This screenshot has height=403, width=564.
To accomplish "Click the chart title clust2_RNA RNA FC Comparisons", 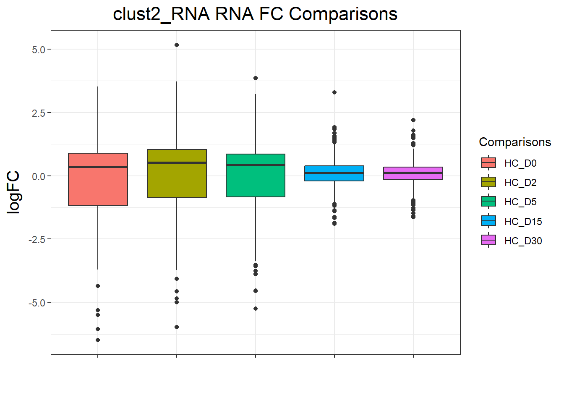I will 255,14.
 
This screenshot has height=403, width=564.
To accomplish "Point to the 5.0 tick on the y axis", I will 38,50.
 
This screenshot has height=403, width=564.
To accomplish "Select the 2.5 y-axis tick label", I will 38,113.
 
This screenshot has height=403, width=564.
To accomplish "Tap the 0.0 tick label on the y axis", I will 38,176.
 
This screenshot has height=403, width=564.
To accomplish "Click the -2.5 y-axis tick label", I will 37,240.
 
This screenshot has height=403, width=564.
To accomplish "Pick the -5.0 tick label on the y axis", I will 37,303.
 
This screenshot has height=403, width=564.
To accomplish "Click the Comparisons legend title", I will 515,142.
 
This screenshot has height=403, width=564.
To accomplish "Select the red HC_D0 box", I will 98,185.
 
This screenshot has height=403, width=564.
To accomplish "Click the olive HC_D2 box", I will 177,181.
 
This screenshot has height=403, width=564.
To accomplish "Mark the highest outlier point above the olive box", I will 177,45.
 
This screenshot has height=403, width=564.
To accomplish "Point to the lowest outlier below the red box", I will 98,340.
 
